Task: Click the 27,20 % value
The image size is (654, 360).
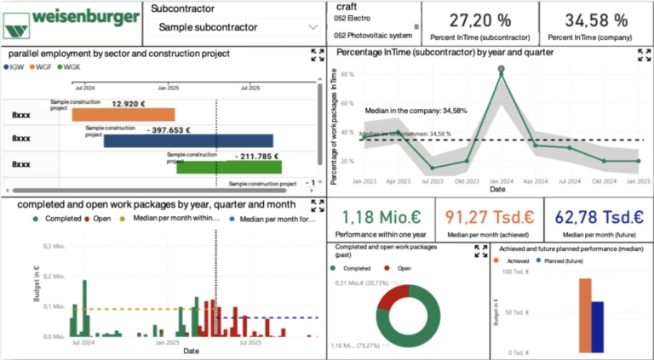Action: coord(480,20)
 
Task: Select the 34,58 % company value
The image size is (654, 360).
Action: coord(596,20)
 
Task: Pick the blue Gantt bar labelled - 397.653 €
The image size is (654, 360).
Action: coord(188,140)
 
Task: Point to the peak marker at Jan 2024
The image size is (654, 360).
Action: coord(501,69)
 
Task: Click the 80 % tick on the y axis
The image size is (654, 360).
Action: coord(347,74)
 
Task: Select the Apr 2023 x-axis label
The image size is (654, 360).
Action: coord(399,181)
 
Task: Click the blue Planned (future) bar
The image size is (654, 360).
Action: coord(598,327)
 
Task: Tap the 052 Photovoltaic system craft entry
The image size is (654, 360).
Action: coord(372,36)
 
